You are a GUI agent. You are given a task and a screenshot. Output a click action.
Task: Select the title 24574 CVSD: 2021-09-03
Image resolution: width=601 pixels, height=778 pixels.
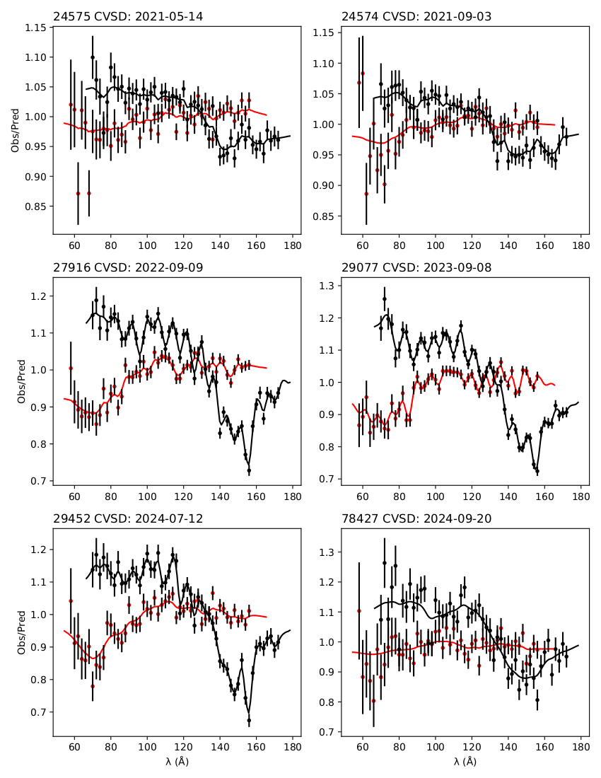[x=416, y=16]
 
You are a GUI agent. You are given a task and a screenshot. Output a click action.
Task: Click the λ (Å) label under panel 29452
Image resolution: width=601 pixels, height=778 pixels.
[x=177, y=762]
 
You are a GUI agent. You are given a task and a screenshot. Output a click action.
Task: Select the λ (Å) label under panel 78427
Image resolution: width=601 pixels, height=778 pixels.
[x=465, y=762]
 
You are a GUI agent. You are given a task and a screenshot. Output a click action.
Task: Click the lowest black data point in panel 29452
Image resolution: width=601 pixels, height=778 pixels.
[x=249, y=721]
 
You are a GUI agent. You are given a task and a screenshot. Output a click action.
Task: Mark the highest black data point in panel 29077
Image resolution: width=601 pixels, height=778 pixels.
[x=385, y=298]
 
